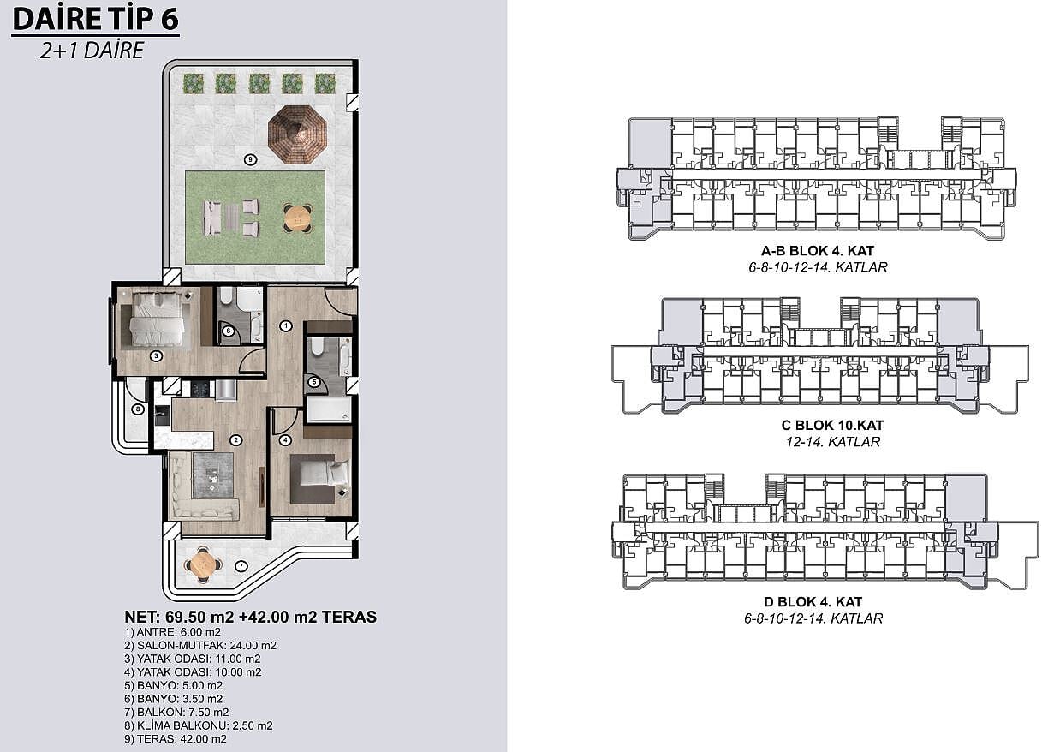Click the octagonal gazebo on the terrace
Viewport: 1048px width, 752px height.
click(297, 134)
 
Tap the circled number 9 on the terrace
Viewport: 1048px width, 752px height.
click(250, 160)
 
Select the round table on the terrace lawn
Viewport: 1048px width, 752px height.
click(298, 218)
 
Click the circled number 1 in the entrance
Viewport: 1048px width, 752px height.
click(285, 326)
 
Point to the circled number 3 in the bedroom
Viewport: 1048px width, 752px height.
click(156, 356)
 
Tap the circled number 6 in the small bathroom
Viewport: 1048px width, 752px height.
click(228, 331)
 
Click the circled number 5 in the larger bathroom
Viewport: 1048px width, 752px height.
click(314, 382)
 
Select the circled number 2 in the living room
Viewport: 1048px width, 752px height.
click(235, 440)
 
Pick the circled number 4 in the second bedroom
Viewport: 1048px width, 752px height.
click(285, 440)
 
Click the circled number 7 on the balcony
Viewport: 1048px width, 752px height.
click(241, 566)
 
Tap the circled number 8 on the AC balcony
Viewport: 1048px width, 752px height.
click(138, 409)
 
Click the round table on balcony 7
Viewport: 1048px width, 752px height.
click(204, 564)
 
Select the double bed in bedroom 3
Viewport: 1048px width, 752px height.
click(157, 319)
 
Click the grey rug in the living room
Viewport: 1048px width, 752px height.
click(213, 476)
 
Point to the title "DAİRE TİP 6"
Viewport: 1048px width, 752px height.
click(95, 19)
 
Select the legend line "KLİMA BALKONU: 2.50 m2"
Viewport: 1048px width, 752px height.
click(199, 725)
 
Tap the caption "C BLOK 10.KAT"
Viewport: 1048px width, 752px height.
click(832, 426)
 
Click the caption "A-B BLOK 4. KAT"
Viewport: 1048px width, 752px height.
click(818, 251)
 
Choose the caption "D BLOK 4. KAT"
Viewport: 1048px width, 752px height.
click(813, 601)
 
